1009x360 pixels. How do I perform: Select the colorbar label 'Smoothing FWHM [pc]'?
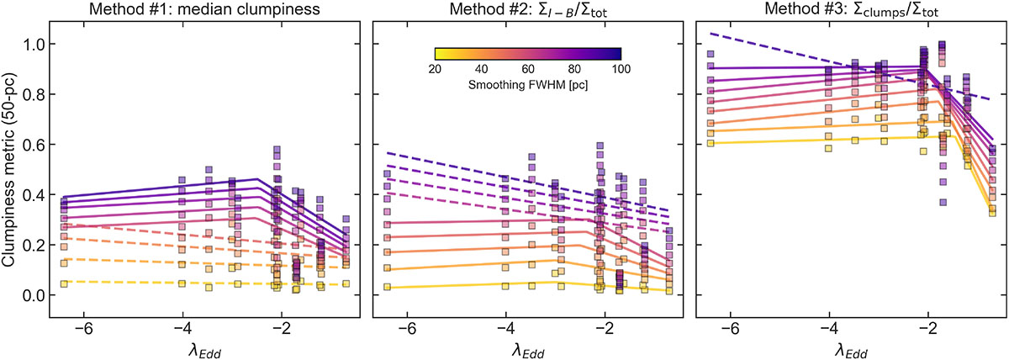point(527,86)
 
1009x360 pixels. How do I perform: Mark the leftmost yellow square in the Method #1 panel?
point(64,284)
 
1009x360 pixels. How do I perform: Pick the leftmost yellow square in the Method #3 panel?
point(711,143)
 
